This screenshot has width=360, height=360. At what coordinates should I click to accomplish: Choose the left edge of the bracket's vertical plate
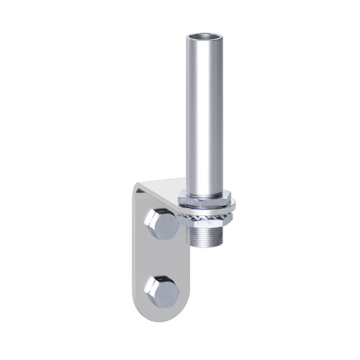click(x=134, y=259)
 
